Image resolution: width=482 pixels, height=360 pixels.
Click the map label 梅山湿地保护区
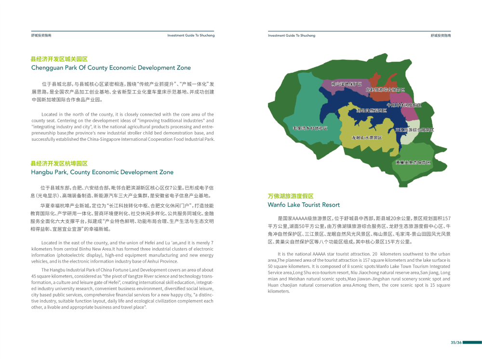click(346, 84)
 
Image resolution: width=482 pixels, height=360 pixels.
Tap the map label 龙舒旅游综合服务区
click(385, 90)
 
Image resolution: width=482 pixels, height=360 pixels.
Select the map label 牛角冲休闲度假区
click(404, 105)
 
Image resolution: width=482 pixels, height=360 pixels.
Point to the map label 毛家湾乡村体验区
click(310, 129)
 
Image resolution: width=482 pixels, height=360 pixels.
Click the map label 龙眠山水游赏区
click(367, 137)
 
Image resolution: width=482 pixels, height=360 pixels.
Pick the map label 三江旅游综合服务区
click(415, 130)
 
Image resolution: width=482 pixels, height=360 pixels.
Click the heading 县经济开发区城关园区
click(59, 59)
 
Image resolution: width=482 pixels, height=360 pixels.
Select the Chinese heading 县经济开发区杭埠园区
click(59, 164)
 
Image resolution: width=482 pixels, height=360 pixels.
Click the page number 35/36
click(456, 343)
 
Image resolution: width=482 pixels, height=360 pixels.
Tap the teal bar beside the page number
click(472, 343)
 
